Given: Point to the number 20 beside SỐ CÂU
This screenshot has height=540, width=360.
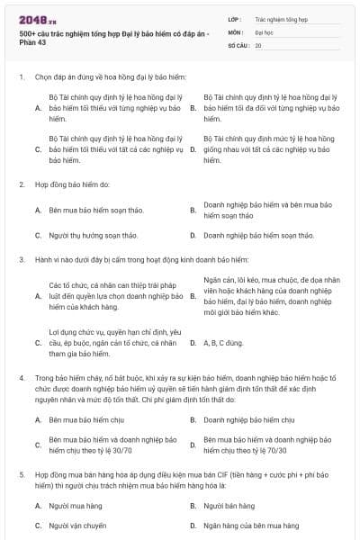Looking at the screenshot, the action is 258,44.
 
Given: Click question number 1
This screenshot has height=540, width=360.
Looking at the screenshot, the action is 21,77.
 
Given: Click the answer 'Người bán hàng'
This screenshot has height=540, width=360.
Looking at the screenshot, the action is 229,506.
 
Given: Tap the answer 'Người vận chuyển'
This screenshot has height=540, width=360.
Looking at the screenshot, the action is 78,524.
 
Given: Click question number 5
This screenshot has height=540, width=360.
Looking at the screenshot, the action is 21,472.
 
